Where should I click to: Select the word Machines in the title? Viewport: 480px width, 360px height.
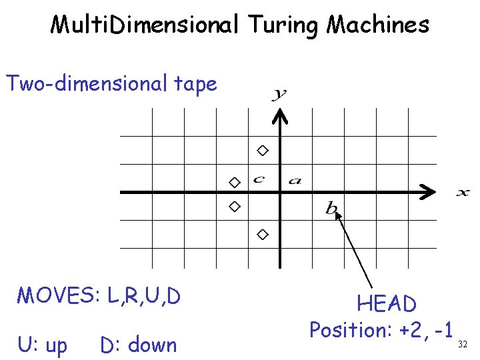[377, 25]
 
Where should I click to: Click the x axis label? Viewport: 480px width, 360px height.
[463, 193]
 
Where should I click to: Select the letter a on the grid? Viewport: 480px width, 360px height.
[295, 180]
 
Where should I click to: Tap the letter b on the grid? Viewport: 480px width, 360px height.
[331, 208]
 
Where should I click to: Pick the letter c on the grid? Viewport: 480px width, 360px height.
[259, 179]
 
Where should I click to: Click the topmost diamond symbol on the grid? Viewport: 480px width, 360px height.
[263, 151]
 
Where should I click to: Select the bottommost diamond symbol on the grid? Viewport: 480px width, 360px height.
[263, 234]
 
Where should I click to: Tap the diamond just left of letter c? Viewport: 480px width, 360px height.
[234, 182]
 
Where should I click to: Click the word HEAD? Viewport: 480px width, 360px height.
[387, 305]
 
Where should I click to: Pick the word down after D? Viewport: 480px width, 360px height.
[153, 345]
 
